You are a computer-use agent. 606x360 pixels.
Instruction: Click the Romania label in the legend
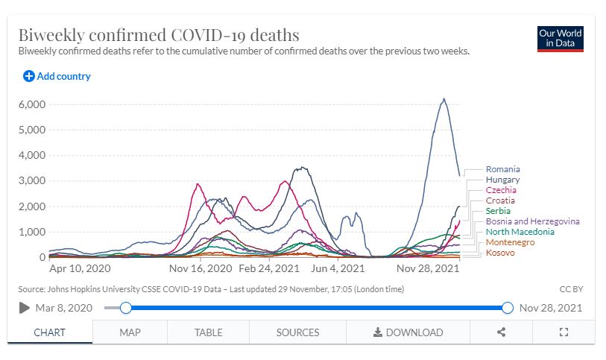click(x=502, y=169)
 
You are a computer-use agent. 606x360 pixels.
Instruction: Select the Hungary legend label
click(x=502, y=180)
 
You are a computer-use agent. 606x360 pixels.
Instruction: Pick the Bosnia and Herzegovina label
click(x=532, y=221)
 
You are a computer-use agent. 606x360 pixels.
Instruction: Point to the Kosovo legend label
click(x=499, y=253)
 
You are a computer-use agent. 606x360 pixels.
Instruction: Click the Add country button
click(x=57, y=76)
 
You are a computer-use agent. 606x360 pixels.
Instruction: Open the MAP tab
click(x=130, y=332)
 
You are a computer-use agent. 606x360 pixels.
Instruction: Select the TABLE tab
click(x=208, y=332)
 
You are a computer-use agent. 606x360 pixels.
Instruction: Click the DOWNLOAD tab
click(x=408, y=332)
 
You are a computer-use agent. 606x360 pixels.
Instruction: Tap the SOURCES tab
click(x=297, y=332)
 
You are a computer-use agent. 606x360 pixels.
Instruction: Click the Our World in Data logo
click(x=560, y=39)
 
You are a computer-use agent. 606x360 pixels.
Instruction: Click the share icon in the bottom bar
click(x=502, y=332)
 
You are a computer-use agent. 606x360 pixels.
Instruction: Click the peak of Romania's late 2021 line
click(x=444, y=98)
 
